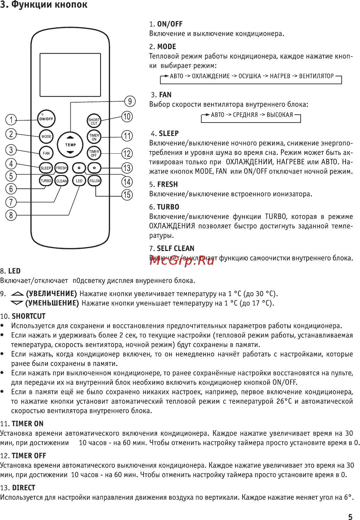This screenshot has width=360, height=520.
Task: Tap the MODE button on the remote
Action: click(x=46, y=136)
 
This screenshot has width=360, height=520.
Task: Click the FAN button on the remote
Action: click(x=46, y=153)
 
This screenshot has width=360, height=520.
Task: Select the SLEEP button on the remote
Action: click(x=46, y=168)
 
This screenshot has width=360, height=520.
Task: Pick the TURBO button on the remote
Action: click(x=46, y=181)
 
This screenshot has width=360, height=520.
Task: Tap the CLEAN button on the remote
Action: click(x=61, y=181)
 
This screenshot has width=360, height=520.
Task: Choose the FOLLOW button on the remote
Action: click(x=95, y=181)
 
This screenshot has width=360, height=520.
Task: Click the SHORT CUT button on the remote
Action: click(x=94, y=121)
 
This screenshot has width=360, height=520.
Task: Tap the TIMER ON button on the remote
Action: click(x=94, y=137)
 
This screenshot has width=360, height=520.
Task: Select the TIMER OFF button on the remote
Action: click(x=94, y=153)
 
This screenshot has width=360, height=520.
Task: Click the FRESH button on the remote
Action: click(x=61, y=168)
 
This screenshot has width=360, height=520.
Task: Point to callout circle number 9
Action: click(x=130, y=101)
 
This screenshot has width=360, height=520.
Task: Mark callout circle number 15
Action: click(x=127, y=195)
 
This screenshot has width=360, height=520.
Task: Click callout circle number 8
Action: click(x=11, y=215)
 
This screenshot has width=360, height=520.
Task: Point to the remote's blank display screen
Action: click(x=70, y=75)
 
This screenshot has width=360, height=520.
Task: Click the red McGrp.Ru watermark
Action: click(x=182, y=260)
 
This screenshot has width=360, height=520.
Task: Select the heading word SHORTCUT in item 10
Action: click(x=29, y=316)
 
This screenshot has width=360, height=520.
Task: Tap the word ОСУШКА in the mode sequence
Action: click(x=250, y=76)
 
